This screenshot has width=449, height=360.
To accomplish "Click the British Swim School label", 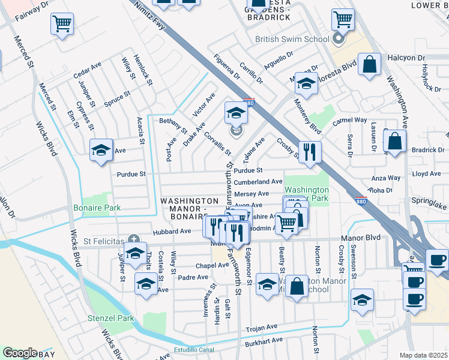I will coord(292,40).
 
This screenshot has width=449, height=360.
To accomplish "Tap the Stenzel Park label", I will coord(109,319).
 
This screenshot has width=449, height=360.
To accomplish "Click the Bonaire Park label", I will coord(97,208).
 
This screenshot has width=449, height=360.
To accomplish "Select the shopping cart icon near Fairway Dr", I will coord(62,25).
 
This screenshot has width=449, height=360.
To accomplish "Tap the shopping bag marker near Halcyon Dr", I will coord(370,64).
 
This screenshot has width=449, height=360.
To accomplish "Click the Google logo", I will coord(19,353).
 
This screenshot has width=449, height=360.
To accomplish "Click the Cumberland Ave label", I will coord(258,182).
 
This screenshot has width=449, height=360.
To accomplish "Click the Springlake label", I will coord(430,206).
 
